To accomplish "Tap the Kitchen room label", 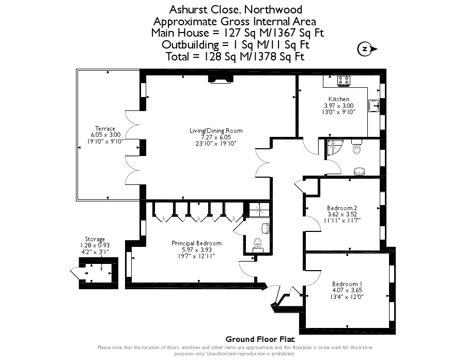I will (x=339, y=99).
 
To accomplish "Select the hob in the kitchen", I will (x=344, y=81).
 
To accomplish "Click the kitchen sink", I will (x=374, y=105).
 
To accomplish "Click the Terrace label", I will (x=105, y=129).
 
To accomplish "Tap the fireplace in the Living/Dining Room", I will (x=221, y=79).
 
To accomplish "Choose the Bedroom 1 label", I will (x=347, y=284).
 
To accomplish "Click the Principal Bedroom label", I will (x=196, y=243).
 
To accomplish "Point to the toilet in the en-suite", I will (x=258, y=243).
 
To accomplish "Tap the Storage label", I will (x=95, y=239).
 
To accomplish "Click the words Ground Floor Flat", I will (x=260, y=339).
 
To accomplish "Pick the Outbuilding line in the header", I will (x=236, y=45).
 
